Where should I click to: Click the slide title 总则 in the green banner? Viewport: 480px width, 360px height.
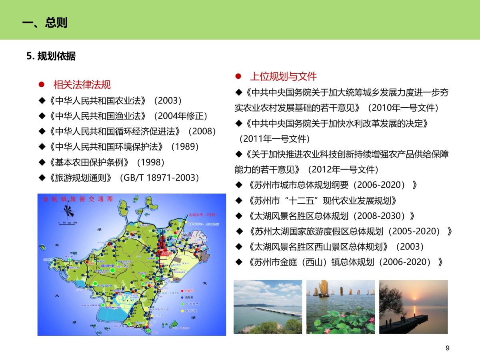pos(56,23)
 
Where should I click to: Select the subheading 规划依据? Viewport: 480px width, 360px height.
pos(56,56)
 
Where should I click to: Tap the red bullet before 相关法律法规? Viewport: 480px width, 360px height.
pos(41,85)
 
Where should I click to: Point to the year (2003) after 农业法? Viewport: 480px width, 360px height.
pos(168,100)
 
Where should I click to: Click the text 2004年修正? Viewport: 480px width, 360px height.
pos(182,116)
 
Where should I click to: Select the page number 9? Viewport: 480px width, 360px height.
pos(448,348)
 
